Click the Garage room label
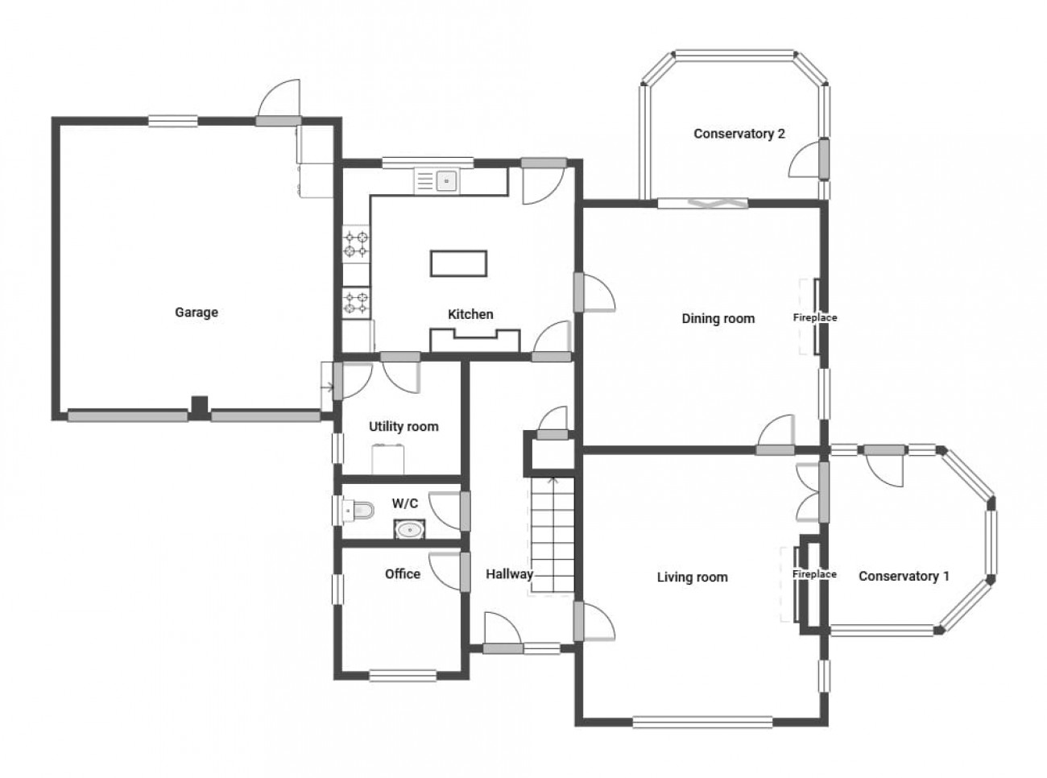pyautogui.click(x=197, y=312)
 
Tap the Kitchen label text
pyautogui.click(x=470, y=314)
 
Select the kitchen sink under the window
pyautogui.click(x=437, y=180)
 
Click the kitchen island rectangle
pyautogui.click(x=458, y=263)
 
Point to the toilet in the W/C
pyautogui.click(x=358, y=510)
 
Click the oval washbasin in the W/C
pyautogui.click(x=409, y=530)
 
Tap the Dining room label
pyautogui.click(x=718, y=319)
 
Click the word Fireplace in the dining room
pyautogui.click(x=815, y=317)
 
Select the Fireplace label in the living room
pyautogui.click(x=814, y=574)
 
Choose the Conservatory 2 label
pyautogui.click(x=739, y=134)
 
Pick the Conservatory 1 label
pyautogui.click(x=904, y=577)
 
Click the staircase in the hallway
pyautogui.click(x=552, y=535)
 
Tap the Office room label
pyautogui.click(x=402, y=574)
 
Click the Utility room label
pyautogui.click(x=403, y=427)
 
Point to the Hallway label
pyautogui.click(x=509, y=574)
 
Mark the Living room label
pyautogui.click(x=692, y=577)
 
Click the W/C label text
pyautogui.click(x=405, y=503)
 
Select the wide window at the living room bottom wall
pyautogui.click(x=702, y=722)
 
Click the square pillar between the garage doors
pyautogui.click(x=200, y=407)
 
